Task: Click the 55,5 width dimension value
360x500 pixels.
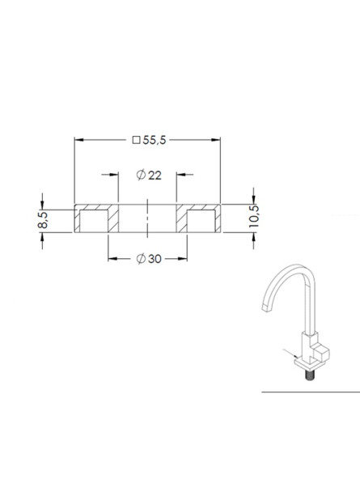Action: point(154,140)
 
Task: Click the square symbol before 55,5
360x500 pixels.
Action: point(136,140)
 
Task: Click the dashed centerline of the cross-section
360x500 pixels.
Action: point(146,219)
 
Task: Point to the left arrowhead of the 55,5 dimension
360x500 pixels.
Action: point(78,140)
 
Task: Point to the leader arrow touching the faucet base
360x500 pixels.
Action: point(295,357)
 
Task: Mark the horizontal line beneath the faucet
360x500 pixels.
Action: point(310,391)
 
